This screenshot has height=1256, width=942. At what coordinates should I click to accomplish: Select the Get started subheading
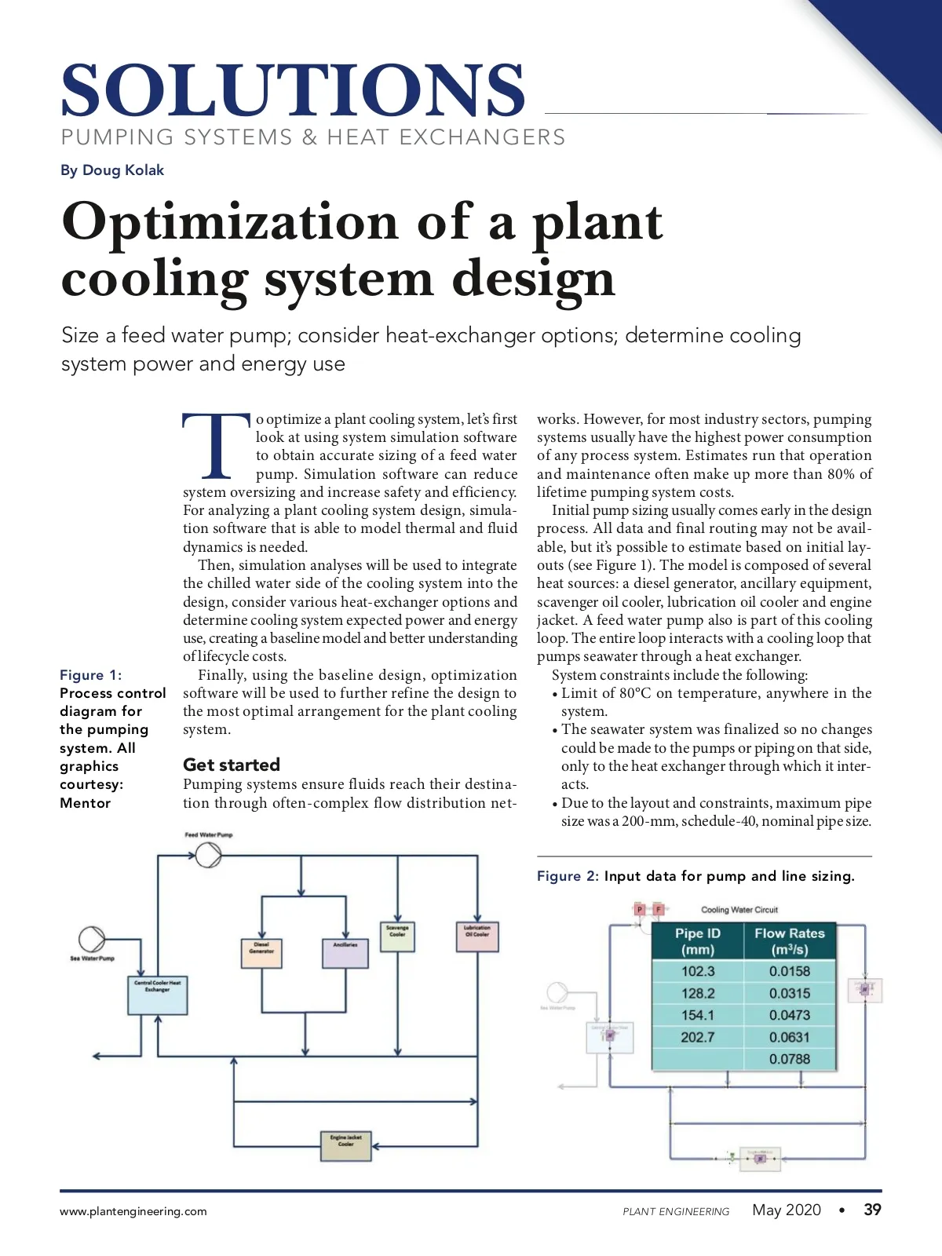click(x=232, y=765)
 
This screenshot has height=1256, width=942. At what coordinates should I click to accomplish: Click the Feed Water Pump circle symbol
click(x=208, y=855)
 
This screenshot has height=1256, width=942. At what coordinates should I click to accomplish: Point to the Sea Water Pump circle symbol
click(x=92, y=939)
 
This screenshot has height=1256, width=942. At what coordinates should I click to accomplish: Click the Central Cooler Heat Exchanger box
click(x=158, y=995)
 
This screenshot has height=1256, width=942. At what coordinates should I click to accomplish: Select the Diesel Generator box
click(x=261, y=952)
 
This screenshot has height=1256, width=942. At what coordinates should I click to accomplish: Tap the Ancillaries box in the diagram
click(x=345, y=952)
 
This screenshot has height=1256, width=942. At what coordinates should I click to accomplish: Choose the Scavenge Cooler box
click(x=398, y=937)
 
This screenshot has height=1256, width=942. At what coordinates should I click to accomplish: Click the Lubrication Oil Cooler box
click(x=477, y=937)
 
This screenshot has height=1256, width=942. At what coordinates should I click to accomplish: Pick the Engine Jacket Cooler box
click(x=345, y=1146)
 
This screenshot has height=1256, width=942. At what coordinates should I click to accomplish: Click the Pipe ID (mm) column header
click(x=697, y=941)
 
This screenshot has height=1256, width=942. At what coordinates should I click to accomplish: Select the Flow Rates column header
click(x=789, y=941)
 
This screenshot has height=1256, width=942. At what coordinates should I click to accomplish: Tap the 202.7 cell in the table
click(x=697, y=1037)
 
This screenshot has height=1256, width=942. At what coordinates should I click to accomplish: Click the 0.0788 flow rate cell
click(x=789, y=1059)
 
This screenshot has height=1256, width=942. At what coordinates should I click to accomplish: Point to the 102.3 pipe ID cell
click(x=697, y=971)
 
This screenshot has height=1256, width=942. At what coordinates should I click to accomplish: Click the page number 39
click(x=872, y=1210)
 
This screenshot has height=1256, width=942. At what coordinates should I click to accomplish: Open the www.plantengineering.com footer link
click(x=133, y=1211)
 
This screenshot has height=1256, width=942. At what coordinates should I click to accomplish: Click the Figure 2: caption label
click(x=568, y=876)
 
